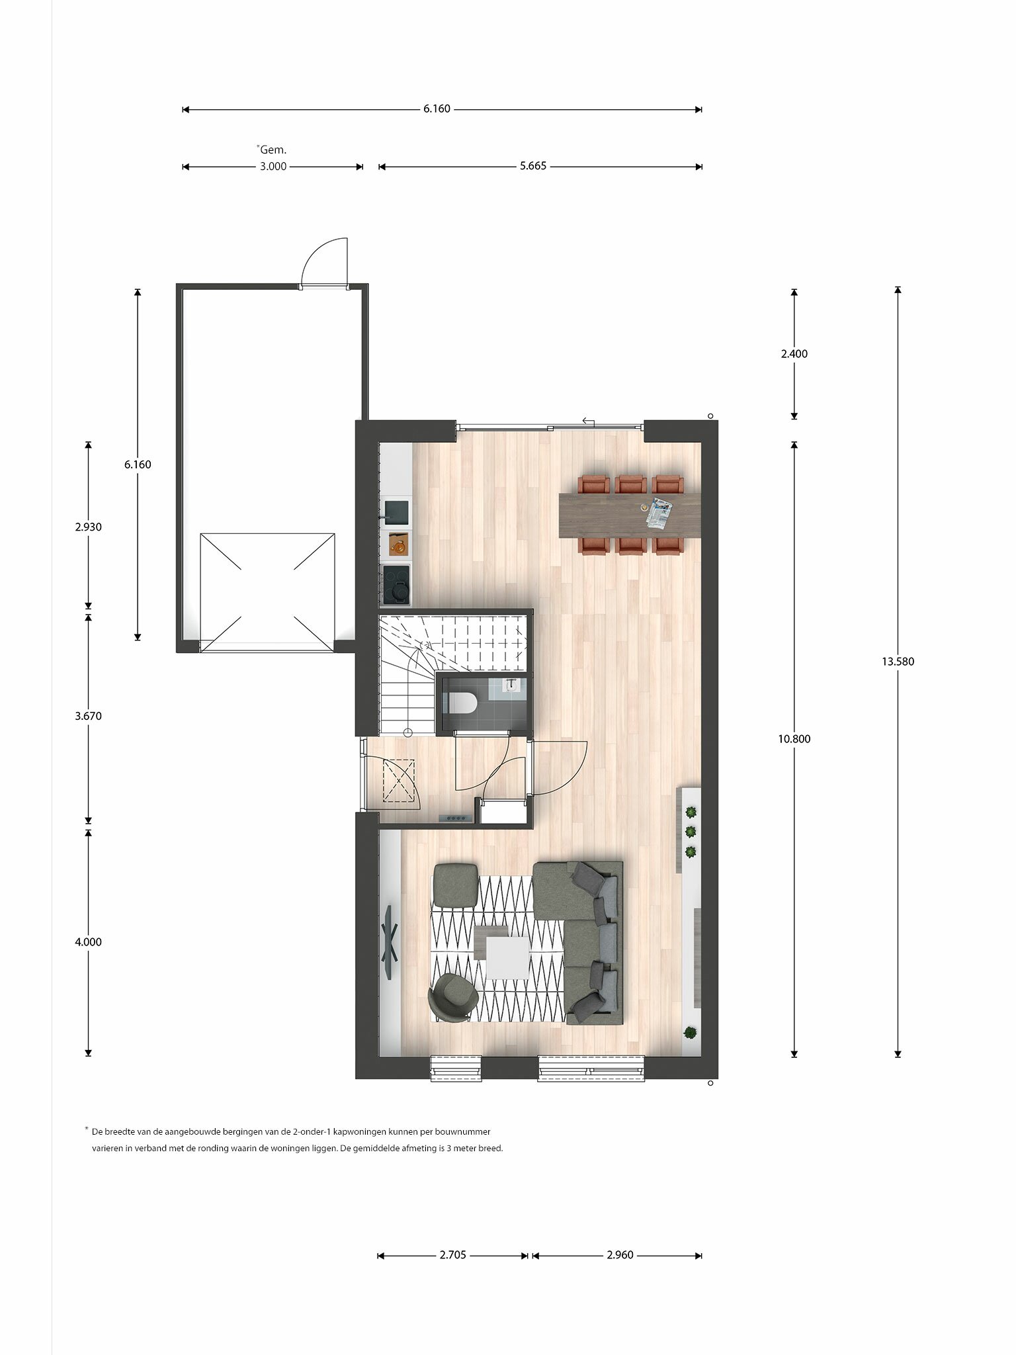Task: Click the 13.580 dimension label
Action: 898,661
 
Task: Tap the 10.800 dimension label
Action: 794,739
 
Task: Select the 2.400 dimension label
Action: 794,354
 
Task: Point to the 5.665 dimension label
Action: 533,166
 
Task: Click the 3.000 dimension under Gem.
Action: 273,166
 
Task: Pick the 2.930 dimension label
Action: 88,527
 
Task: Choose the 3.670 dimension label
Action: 88,716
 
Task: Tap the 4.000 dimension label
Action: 88,942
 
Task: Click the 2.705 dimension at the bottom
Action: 453,1255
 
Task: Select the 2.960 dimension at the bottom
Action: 620,1255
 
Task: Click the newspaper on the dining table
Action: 659,512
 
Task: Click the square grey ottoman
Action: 455,885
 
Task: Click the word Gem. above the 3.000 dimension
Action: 273,150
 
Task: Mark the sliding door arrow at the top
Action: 588,421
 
